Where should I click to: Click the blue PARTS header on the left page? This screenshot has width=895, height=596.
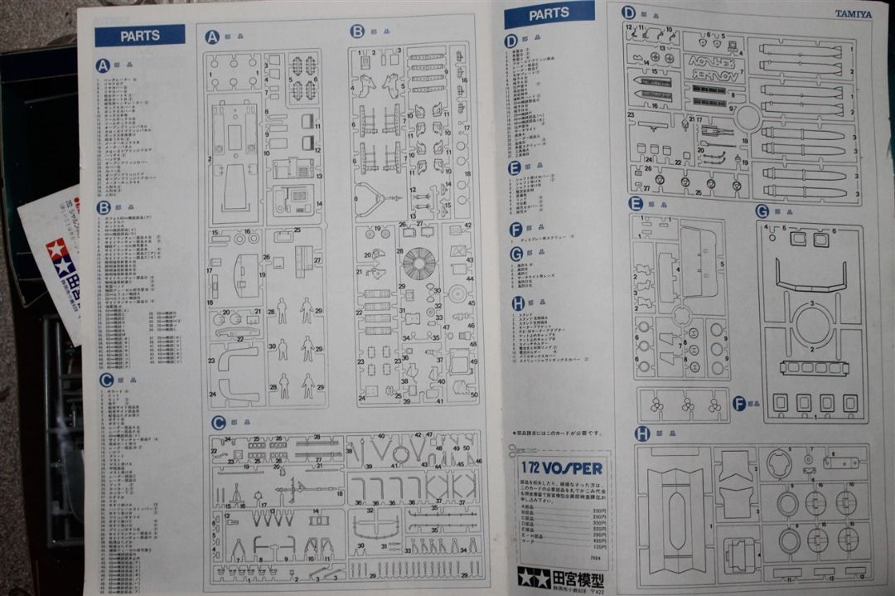pos(139,36)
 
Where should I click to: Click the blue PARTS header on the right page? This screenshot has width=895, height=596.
pos(549,14)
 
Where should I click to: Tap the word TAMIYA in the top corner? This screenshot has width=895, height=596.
pos(853,14)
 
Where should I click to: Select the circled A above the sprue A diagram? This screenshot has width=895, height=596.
pos(212,36)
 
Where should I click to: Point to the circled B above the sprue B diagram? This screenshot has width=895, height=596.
pos(357,31)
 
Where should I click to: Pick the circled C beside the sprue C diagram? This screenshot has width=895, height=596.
pos(219,423)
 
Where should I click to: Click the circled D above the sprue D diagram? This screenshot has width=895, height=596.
pos(628,12)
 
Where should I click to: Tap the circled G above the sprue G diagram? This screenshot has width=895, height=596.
pos(762,211)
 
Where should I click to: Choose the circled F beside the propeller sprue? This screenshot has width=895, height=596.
pos(739,404)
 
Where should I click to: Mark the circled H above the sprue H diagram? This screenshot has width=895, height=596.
pos(641,433)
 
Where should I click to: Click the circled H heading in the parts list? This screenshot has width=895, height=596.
pos(518,303)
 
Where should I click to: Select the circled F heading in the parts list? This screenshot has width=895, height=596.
pos(516,230)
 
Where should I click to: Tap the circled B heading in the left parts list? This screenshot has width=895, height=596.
pos(104,208)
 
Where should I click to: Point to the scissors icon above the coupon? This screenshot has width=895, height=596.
pos(517,450)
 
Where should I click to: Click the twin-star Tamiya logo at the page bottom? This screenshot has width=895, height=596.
pos(534,577)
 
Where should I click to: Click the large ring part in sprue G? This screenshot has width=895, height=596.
pos(813,324)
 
